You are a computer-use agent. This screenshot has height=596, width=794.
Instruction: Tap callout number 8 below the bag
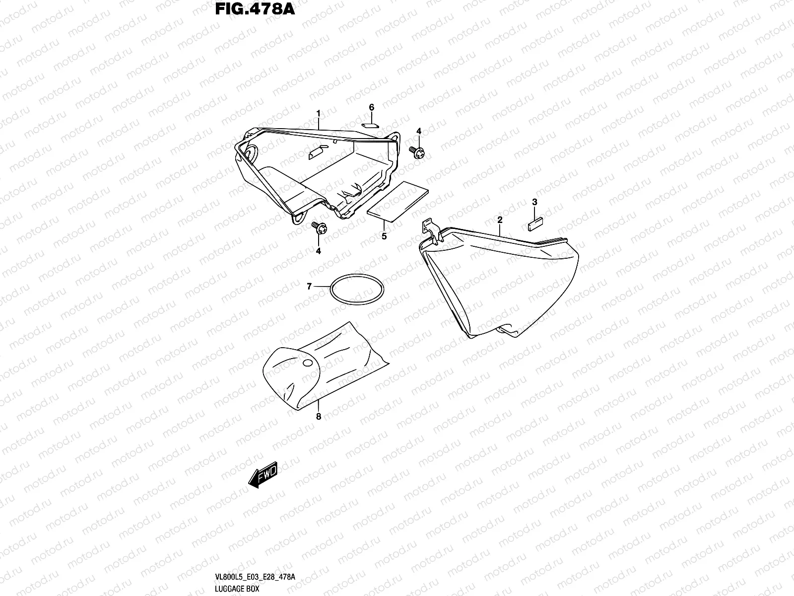[x=318, y=417]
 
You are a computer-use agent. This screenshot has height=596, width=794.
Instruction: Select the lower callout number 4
[x=318, y=251]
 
